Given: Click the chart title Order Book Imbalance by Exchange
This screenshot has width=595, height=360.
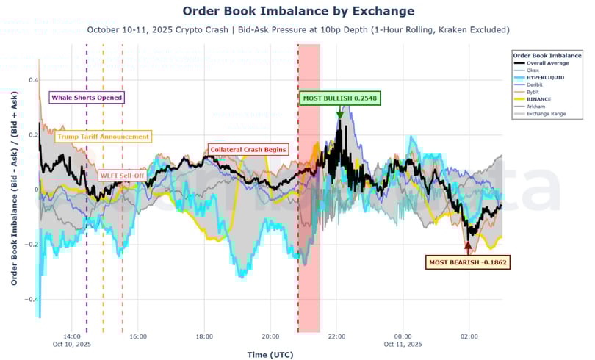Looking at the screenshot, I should (x=297, y=11).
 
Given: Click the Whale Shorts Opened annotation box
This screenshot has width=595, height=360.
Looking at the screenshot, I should (x=87, y=97).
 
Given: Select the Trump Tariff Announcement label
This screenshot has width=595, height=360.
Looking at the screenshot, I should (x=103, y=137).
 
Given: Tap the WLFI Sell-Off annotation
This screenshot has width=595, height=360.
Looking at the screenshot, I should (x=123, y=175).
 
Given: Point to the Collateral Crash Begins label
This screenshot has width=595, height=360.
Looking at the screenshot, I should (x=248, y=149).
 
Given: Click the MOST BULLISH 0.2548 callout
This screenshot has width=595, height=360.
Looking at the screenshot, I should (x=340, y=98).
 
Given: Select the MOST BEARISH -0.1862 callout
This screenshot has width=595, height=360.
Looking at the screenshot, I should (x=468, y=262).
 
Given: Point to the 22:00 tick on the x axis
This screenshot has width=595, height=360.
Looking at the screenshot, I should (x=336, y=336).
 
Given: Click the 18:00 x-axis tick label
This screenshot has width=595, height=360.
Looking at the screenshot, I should (x=204, y=336).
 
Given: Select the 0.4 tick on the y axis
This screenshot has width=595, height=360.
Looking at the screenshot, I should (x=33, y=79).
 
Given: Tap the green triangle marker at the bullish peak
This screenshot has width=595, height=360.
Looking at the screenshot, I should (x=339, y=115).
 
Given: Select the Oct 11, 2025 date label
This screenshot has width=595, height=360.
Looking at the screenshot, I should (x=403, y=344).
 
